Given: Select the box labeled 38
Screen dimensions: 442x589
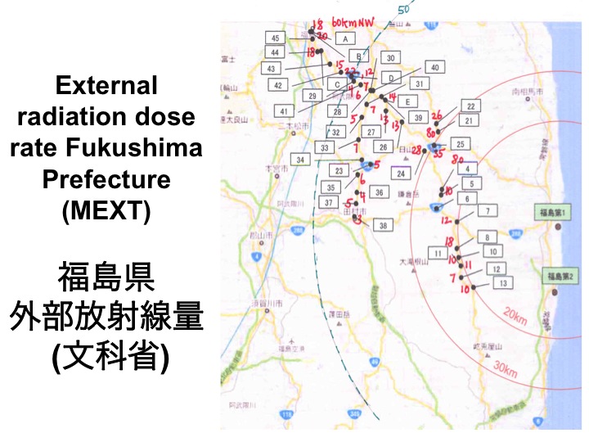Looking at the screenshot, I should tap(382, 224).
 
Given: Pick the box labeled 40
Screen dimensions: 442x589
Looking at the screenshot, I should tap(434, 67).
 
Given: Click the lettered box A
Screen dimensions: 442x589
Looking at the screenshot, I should tap(345, 38).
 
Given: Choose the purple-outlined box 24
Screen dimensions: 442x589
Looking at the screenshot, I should tap(401, 174).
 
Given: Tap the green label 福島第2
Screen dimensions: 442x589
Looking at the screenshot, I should tap(557, 277).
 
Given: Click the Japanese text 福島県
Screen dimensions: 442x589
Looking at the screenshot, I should tap(106, 278).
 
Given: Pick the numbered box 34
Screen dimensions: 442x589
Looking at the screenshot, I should tap(301, 159).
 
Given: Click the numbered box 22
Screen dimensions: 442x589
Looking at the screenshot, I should tap(470, 106).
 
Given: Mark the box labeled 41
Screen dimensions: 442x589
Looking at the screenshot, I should tap(284, 110).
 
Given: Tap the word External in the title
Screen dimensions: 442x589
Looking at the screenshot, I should tap(106, 85).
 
